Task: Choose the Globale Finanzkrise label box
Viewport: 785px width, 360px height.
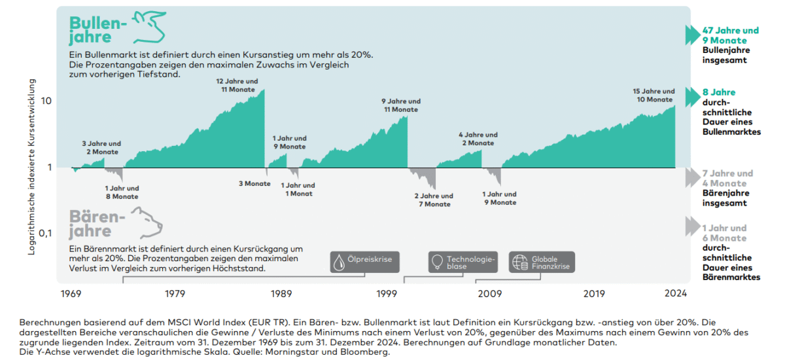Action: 542,262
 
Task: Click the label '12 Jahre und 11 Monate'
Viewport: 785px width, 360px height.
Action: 237,85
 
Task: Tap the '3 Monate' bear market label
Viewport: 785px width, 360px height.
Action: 254,183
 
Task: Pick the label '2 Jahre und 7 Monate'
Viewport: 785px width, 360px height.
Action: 434,200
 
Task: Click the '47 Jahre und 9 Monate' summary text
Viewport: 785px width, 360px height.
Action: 730,35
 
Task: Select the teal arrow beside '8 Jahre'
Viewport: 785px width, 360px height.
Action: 692,96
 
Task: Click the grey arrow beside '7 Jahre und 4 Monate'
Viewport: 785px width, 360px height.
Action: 692,177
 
